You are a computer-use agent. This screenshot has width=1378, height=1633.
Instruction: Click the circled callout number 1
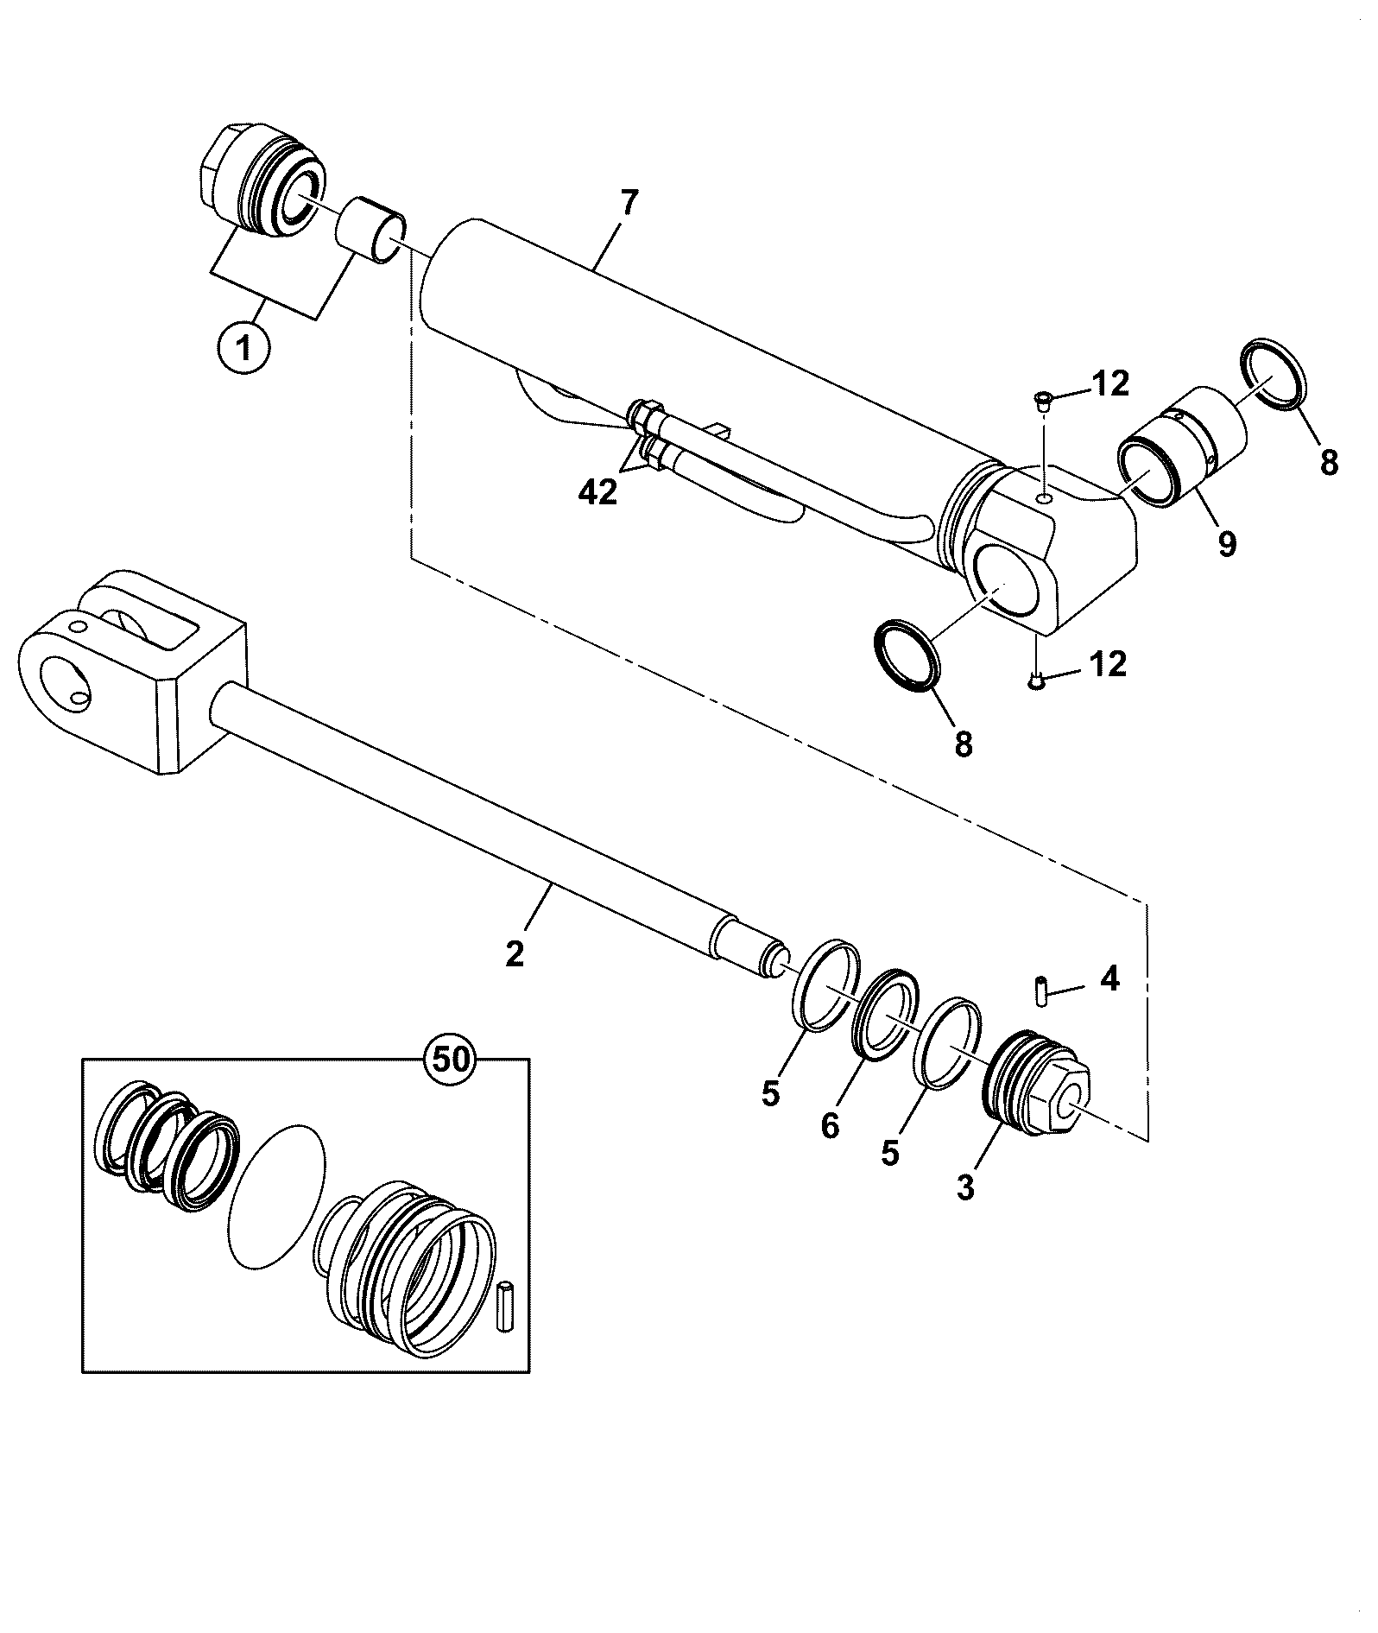click(244, 349)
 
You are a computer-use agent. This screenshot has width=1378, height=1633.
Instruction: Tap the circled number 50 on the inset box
click(451, 1059)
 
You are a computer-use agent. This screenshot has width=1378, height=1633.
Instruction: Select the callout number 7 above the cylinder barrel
click(629, 204)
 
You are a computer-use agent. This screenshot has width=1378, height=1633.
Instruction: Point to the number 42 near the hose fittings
click(598, 492)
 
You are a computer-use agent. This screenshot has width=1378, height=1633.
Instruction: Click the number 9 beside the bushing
click(1227, 544)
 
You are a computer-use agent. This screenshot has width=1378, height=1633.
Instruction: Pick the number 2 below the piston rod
click(515, 954)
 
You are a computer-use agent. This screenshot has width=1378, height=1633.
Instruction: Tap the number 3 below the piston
click(965, 1188)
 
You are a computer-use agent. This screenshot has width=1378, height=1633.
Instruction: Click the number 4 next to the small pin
click(1109, 979)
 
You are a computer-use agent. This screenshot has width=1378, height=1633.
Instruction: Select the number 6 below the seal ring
click(830, 1126)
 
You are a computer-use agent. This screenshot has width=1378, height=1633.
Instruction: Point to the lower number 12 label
click(1108, 664)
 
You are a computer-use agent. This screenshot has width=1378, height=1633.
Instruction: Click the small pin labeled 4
click(1041, 991)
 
